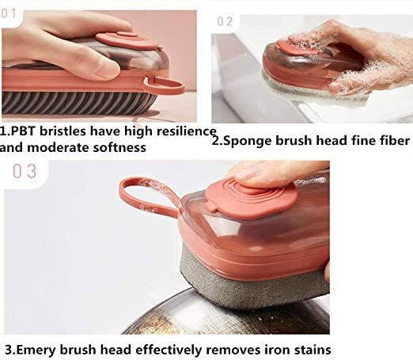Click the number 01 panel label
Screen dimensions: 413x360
pyautogui.click(x=8, y=13)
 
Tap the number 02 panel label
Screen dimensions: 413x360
pyautogui.click(x=225, y=21)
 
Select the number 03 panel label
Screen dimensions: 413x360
pyautogui.click(x=25, y=171)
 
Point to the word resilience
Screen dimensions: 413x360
pyautogui.click(x=187, y=131)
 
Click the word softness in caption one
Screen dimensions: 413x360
pyautogui.click(x=119, y=147)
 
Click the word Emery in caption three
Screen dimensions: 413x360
pyautogui.click(x=37, y=350)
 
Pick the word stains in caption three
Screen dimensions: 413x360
pyautogui.click(x=313, y=350)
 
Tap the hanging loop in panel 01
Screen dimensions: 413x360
pyautogui.click(x=164, y=85)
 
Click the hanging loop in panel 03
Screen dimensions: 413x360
pyautogui.click(x=148, y=195)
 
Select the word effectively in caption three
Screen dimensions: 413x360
pyautogui.click(x=169, y=350)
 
